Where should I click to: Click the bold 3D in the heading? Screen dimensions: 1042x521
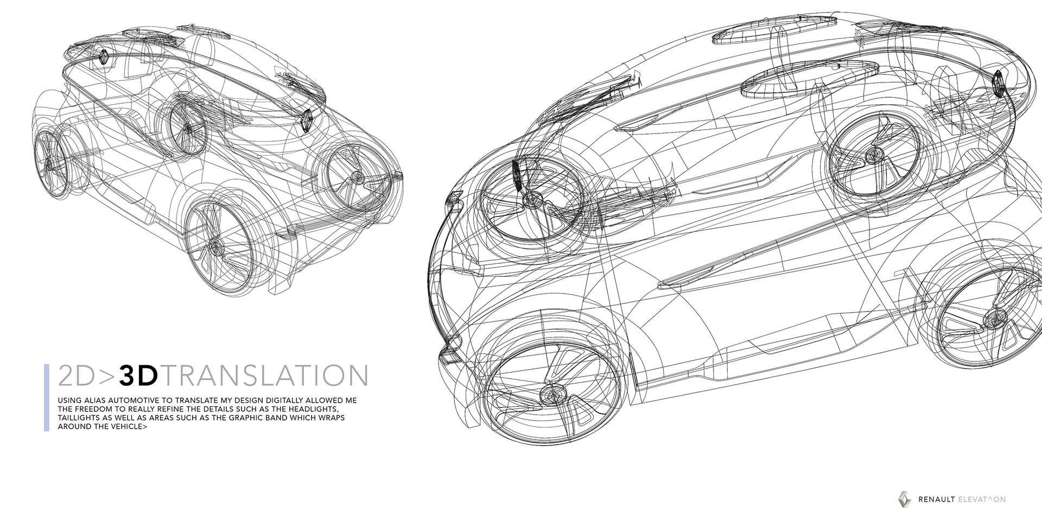click(138, 376)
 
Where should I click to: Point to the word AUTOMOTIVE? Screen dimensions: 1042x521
click(136, 401)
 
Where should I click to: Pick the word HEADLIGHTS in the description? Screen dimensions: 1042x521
click(314, 409)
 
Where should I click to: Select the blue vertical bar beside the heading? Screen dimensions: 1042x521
click(47, 397)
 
